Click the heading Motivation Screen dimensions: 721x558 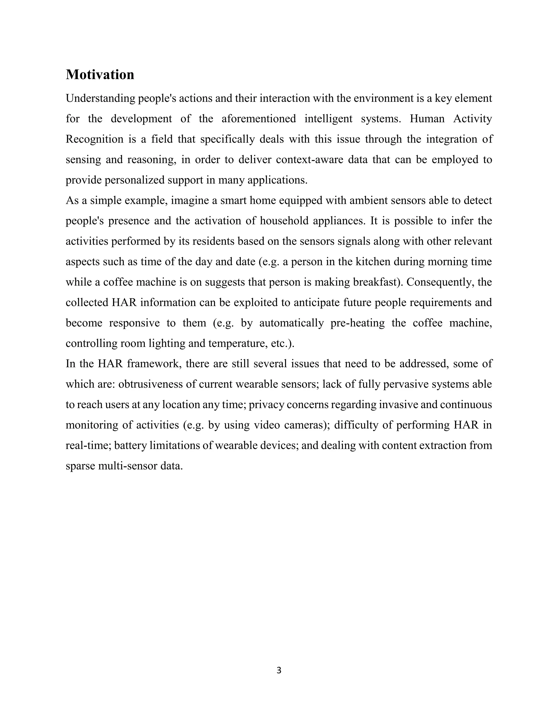pyautogui.click(x=100, y=75)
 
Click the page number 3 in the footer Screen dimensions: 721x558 pyautogui.click(x=279, y=670)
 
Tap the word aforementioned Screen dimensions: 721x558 pyautogui.click(x=259, y=119)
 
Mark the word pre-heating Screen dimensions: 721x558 pyautogui.click(x=357, y=323)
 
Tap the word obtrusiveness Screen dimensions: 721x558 pyautogui.click(x=147, y=384)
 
